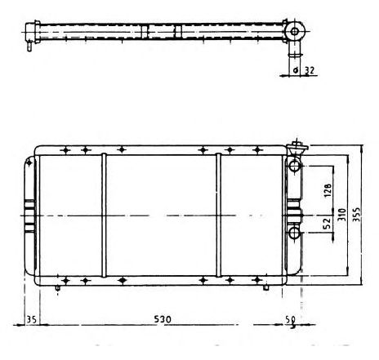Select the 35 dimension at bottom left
point(32,319)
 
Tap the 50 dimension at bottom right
point(290,320)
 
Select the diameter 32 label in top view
point(307,70)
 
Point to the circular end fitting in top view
point(295,32)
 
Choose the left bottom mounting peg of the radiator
point(59,287)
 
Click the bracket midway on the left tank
point(31,215)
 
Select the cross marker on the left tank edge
point(30,163)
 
